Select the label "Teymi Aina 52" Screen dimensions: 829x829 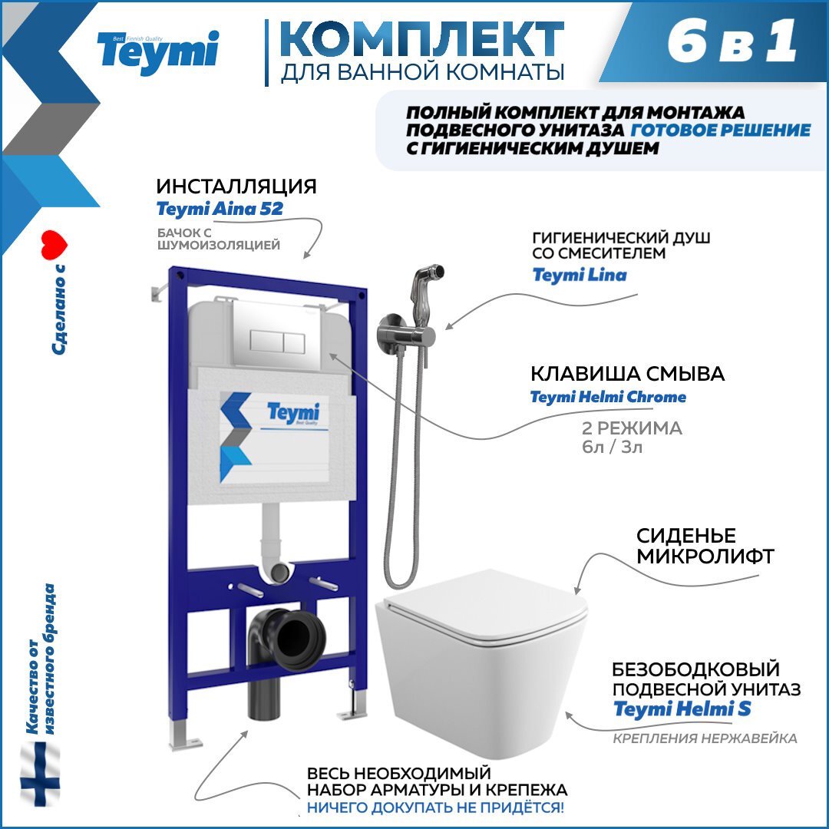click(219, 209)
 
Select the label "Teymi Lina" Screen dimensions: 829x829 click(580, 274)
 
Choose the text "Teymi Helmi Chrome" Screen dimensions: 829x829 click(608, 397)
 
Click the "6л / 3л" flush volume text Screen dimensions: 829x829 click(611, 447)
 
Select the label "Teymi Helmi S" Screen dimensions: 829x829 click(682, 709)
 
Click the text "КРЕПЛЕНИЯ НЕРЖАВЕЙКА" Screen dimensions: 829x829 click(705, 738)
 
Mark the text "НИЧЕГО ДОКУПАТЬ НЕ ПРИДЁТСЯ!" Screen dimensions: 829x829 click(435, 807)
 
